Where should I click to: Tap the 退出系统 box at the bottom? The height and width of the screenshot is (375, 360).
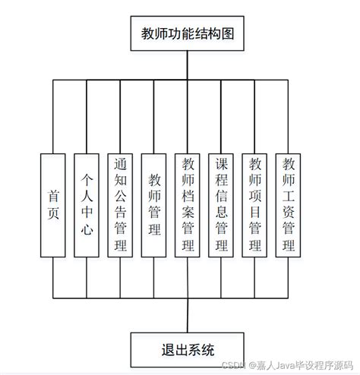click(x=188, y=349)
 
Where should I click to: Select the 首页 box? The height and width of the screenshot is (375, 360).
click(x=53, y=206)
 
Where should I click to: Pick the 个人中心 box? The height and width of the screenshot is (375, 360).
click(x=87, y=206)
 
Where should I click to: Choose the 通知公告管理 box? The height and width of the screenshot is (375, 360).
click(x=120, y=206)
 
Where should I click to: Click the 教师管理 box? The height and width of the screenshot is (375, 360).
click(x=154, y=206)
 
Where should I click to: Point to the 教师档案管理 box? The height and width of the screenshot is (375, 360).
click(x=188, y=206)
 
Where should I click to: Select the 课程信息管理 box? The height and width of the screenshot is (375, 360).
click(x=221, y=206)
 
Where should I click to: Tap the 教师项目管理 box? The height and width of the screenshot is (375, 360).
click(x=255, y=206)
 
